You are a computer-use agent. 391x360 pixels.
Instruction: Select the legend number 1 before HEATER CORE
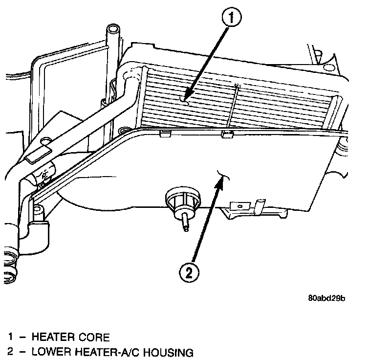tap(11, 337)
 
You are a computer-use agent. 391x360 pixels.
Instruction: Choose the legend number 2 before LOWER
tap(11, 352)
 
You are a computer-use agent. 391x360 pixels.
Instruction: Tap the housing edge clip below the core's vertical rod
tap(226, 134)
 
